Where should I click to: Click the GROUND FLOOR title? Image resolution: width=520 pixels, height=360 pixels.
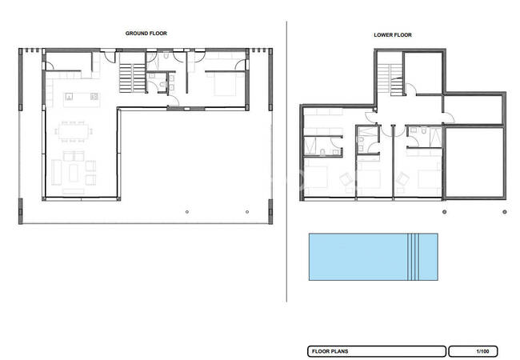146,33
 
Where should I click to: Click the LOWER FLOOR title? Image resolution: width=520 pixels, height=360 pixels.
393,35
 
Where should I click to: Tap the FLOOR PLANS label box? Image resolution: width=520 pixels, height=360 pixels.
377,351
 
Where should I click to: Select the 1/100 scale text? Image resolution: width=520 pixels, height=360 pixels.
482,351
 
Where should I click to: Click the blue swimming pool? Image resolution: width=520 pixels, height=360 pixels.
374,257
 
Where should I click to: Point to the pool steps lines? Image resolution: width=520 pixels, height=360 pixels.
414,257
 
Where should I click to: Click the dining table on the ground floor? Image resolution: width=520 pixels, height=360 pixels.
74,132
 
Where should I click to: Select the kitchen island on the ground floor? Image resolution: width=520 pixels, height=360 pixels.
82,100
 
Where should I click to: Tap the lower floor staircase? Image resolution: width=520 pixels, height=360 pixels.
390,79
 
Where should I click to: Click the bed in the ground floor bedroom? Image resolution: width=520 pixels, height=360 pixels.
225,84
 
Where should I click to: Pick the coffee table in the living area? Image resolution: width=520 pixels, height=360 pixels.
74,173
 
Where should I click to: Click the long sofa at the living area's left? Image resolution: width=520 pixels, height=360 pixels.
56,172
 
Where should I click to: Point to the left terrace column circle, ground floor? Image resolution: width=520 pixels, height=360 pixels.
187,212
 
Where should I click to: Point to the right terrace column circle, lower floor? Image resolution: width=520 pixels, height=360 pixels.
505,212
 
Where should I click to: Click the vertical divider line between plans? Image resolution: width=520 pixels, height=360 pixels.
286,162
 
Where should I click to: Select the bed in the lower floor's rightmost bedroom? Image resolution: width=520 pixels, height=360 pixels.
430,179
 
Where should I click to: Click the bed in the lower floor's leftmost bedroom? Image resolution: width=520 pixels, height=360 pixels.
316,177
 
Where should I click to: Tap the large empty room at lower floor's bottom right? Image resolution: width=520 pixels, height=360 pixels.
474,162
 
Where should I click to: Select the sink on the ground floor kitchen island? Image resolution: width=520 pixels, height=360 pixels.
69,97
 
